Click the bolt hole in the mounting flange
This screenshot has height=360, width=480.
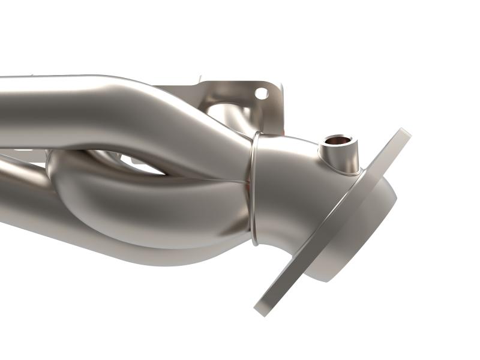click(x=261, y=93)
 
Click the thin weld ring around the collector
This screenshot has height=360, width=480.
click(x=253, y=186)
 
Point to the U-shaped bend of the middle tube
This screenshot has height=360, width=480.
click(x=72, y=180)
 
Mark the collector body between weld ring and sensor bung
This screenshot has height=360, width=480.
click(x=288, y=162)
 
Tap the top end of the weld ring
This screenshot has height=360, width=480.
click(x=256, y=134)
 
